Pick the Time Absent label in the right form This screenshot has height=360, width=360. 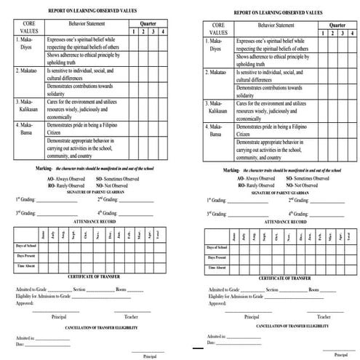pos(219,268)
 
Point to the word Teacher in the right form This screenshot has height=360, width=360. pos(324,316)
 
